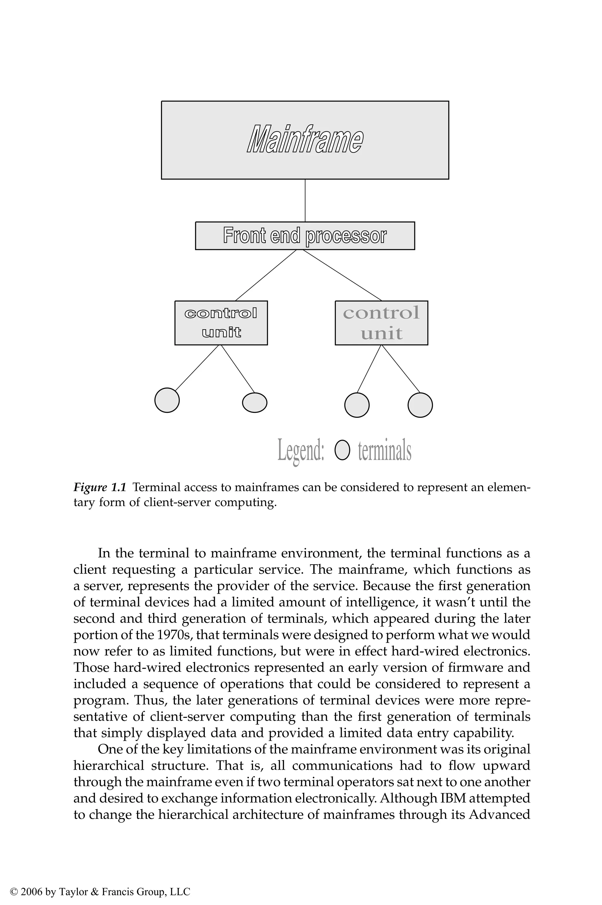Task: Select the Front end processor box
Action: pyautogui.click(x=305, y=236)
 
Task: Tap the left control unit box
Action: pyautogui.click(x=221, y=323)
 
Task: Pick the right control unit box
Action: pyautogui.click(x=381, y=323)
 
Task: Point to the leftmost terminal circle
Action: pyautogui.click(x=167, y=400)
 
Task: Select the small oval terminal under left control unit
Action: pyautogui.click(x=255, y=402)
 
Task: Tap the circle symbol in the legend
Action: pyautogui.click(x=342, y=450)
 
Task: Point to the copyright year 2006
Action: pyautogui.click(x=31, y=881)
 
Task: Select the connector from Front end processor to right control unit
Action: pyautogui.click(x=342, y=275)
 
